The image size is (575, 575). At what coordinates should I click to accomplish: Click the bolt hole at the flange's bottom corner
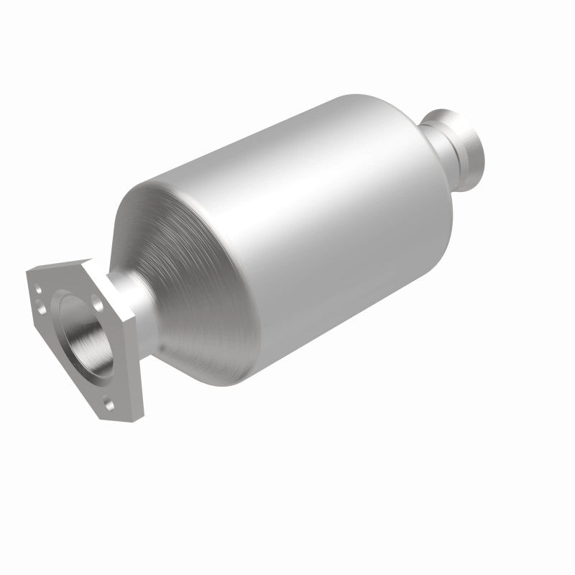pyautogui.click(x=110, y=405)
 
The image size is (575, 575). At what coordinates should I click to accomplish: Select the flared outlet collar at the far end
pyautogui.click(x=467, y=144)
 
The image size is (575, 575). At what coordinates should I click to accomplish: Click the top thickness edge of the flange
pyautogui.click(x=65, y=264)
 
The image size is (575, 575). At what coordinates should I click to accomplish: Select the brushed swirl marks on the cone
pyautogui.click(x=172, y=237)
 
